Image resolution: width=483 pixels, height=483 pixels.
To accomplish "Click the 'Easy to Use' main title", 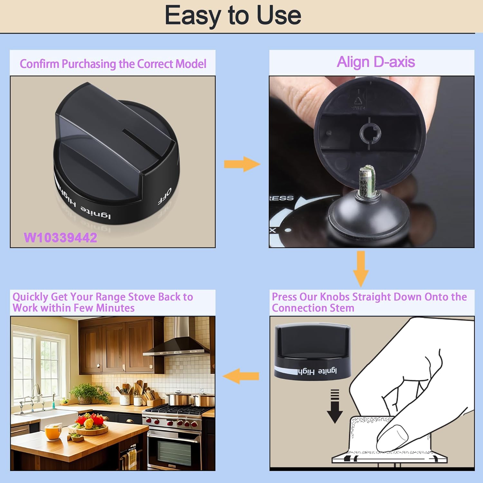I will (233, 15).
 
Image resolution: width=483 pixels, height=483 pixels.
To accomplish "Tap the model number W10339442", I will (61, 238).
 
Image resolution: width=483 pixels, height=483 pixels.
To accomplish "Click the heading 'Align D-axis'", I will (375, 62).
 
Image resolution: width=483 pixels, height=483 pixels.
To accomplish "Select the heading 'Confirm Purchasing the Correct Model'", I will (113, 64).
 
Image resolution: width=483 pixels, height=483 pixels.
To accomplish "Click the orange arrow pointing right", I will (242, 164).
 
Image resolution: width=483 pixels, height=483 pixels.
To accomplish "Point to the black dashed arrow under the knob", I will (335, 406).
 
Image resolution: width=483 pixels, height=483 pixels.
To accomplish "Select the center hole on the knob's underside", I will (370, 132).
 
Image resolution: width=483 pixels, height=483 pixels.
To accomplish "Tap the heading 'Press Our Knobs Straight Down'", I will (369, 302).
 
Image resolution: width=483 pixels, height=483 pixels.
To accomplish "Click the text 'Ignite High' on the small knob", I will (317, 371).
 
